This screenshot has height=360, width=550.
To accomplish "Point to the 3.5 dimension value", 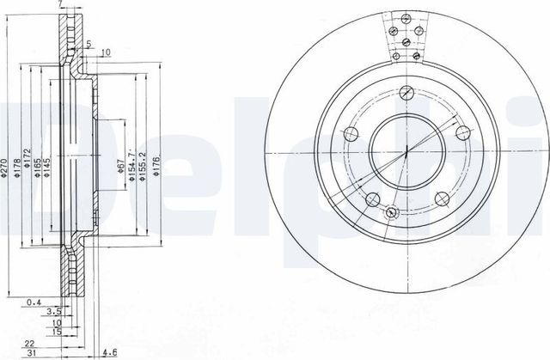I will coord(52,313).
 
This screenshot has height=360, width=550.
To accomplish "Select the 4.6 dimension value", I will coord(110,352).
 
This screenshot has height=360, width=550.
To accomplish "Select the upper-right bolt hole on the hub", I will coord(462,132).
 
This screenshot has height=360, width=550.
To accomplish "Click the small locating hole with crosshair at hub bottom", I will coord(392,213).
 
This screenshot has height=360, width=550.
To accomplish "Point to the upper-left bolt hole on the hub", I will coord(349,134).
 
